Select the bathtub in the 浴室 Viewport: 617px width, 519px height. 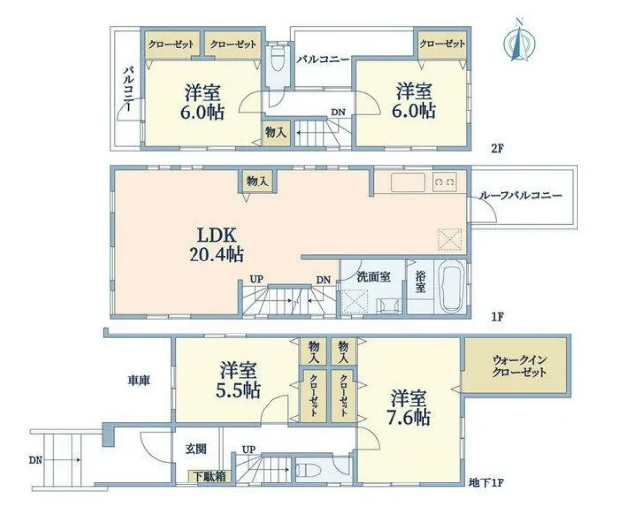[x=451, y=285]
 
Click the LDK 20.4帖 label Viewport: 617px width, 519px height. [x=216, y=246]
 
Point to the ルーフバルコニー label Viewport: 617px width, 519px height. [x=520, y=195]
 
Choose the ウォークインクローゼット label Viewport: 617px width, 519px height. [x=519, y=366]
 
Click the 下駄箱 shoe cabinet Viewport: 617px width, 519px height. [x=209, y=476]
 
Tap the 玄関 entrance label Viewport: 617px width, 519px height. [x=196, y=449]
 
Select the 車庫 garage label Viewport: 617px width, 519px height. [x=139, y=380]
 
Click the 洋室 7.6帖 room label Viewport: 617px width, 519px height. [x=409, y=408]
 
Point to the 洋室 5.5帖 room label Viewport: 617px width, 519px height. [x=238, y=380]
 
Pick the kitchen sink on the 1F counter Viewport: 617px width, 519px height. [x=408, y=183]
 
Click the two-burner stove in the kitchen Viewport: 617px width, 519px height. [x=444, y=182]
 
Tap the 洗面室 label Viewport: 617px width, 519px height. [x=374, y=277]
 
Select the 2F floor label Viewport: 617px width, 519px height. [x=497, y=149]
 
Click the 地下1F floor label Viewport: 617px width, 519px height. [x=487, y=482]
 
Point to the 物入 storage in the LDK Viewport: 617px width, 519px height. [x=258, y=182]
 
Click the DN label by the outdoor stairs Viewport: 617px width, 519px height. [x=35, y=460]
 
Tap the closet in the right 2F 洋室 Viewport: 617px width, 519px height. [x=442, y=44]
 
